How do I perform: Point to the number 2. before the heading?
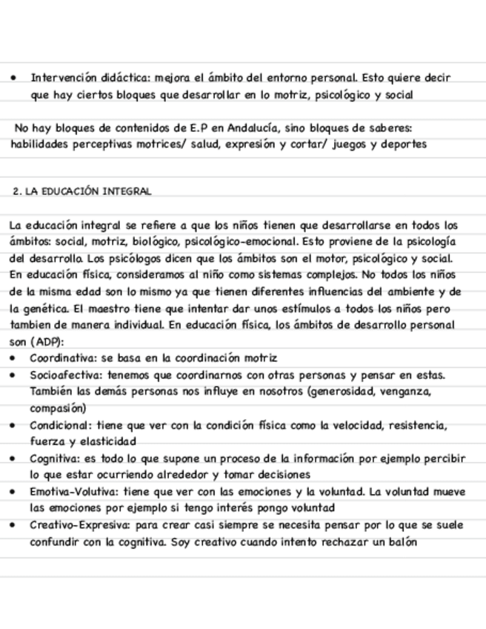pos(18,191)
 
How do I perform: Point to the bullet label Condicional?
pos(59,426)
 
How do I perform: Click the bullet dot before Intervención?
pos(16,78)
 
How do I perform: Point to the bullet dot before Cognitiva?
pos(16,458)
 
